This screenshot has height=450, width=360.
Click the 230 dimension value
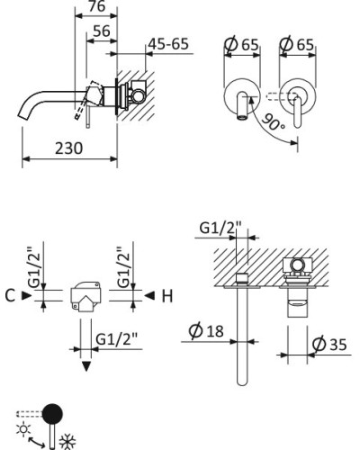tap(68, 148)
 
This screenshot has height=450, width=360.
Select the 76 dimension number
tap(97, 5)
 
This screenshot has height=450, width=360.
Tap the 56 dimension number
tap(102, 31)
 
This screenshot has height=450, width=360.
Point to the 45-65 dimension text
tap(168, 44)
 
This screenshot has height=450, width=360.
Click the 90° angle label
tap(274, 122)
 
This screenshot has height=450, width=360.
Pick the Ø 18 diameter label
tap(206, 330)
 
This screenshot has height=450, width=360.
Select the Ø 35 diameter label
tap(329, 344)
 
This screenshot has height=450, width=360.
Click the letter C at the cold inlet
tap(10, 295)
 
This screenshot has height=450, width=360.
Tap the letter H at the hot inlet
tap(167, 296)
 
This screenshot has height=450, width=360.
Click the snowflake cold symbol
tap(67, 442)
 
